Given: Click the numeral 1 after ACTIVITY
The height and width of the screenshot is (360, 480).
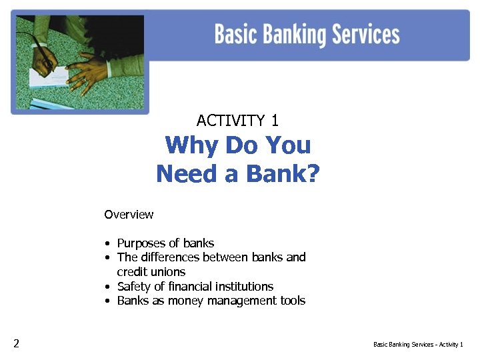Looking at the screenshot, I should point(275,121).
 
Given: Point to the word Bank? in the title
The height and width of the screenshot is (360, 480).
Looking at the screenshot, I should point(283,174).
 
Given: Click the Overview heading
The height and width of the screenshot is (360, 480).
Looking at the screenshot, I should point(129,215).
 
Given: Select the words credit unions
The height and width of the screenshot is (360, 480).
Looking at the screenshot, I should point(151,272).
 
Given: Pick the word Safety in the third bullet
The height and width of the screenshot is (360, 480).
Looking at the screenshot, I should point(133,287).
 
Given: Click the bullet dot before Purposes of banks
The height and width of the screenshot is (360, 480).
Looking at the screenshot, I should point(107,243).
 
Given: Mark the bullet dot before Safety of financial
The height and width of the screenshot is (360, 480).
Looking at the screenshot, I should point(107,287).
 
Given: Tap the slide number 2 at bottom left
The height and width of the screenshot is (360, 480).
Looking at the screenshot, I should point(16,344).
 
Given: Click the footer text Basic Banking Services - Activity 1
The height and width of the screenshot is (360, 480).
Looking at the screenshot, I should point(418,345).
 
